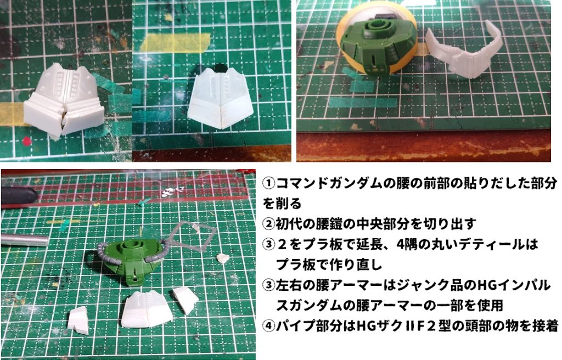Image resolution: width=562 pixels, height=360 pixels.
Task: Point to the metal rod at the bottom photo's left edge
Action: pyautogui.click(x=25, y=240)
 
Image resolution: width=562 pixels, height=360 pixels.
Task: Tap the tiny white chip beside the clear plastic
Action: pyautogui.click(x=222, y=258)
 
